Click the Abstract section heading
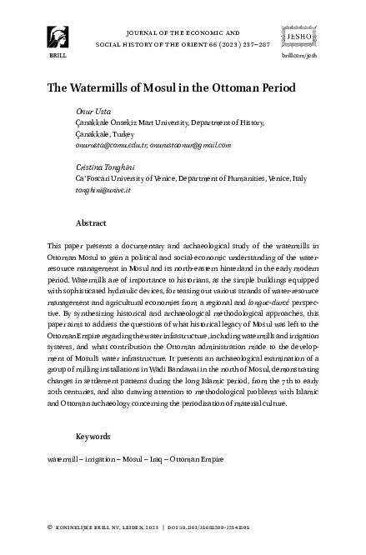coord(90,223)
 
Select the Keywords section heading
coord(93,436)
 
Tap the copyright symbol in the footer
coord(52,527)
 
